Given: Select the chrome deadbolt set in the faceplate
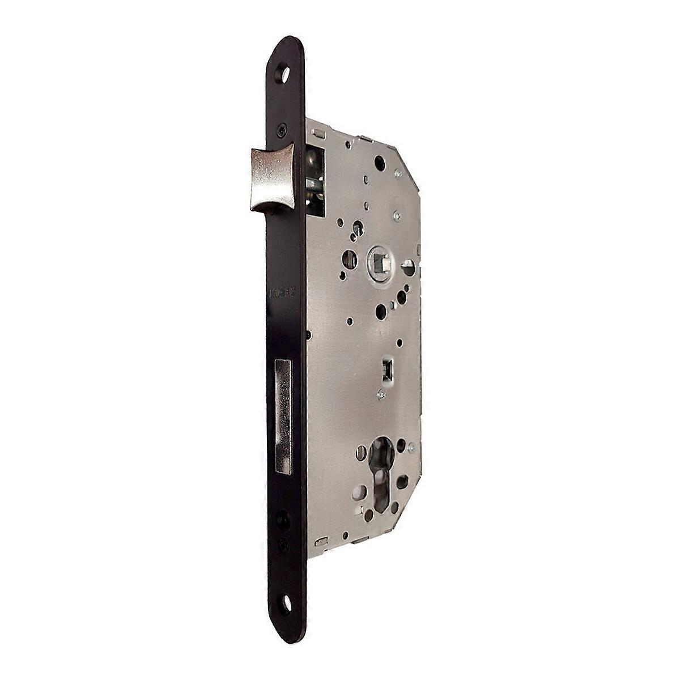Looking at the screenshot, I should (282, 416).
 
